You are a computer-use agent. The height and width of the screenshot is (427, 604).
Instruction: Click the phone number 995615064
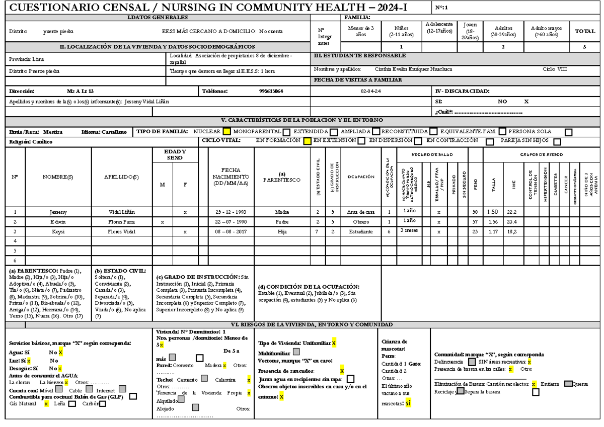click(x=271, y=92)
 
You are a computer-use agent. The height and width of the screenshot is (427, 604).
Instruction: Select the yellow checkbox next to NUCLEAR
click(x=226, y=132)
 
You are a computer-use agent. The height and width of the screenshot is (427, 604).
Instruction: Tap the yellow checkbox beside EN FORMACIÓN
click(x=307, y=142)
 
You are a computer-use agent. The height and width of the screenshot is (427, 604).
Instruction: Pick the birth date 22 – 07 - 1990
click(x=229, y=222)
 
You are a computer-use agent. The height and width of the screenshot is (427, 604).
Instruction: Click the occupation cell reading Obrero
click(x=360, y=222)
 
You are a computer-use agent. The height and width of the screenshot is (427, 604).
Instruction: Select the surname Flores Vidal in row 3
click(x=121, y=231)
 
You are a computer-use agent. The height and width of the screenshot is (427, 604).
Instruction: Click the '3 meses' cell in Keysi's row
click(x=408, y=230)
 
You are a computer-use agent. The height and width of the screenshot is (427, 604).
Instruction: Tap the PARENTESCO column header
click(x=282, y=177)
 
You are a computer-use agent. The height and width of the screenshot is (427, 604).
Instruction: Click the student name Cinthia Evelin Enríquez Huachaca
click(x=413, y=69)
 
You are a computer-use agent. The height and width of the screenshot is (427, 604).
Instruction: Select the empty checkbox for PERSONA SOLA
click(x=569, y=132)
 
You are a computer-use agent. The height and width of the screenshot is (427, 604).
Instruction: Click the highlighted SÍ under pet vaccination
click(x=408, y=403)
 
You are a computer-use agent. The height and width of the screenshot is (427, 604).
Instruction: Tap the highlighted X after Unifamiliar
click(x=334, y=343)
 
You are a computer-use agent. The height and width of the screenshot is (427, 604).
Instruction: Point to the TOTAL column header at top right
click(x=585, y=31)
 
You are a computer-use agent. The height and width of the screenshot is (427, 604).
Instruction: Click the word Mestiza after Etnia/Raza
click(x=53, y=132)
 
